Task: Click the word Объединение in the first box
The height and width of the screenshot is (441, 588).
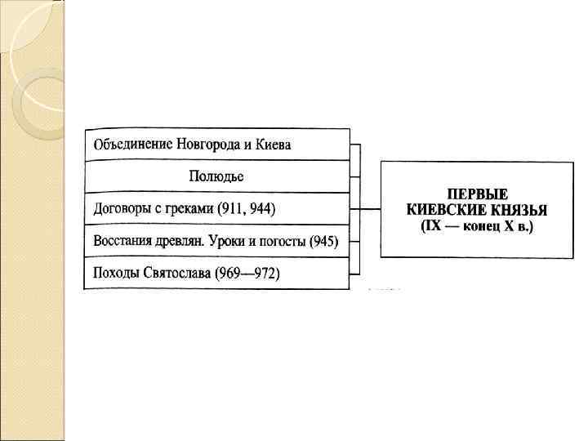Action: pyautogui.click(x=131, y=145)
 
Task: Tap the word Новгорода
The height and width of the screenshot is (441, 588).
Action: pyautogui.click(x=207, y=145)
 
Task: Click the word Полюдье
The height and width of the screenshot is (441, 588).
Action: pyautogui.click(x=216, y=176)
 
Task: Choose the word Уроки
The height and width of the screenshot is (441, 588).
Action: pyautogui.click(x=234, y=241)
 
